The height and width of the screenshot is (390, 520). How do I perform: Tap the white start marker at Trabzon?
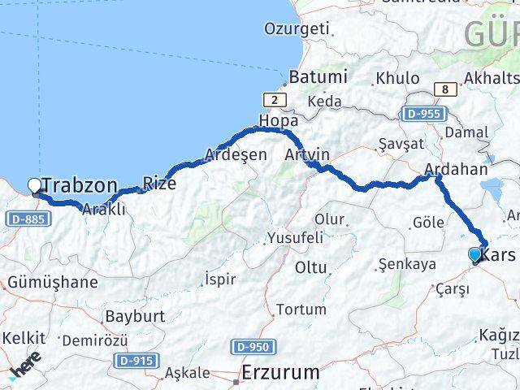(34, 186)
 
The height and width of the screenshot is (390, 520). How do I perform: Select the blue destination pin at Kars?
(475, 255)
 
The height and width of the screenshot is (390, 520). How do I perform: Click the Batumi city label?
(317, 78)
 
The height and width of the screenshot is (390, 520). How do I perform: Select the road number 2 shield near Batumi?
(276, 99)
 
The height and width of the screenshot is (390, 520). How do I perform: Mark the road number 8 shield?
(444, 89)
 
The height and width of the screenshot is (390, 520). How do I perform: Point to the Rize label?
(159, 183)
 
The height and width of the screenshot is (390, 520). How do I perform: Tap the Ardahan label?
(455, 170)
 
